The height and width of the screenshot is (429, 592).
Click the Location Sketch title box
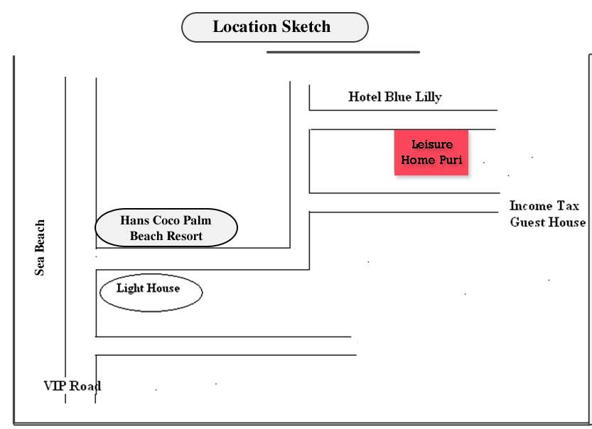coord(275,28)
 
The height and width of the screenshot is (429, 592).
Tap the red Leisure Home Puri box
coord(431,152)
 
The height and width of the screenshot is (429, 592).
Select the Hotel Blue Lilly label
coord(394,97)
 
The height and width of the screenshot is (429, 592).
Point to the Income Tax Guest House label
coord(547,214)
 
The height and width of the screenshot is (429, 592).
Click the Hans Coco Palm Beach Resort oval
coord(166,228)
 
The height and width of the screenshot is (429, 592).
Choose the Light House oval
coord(151,291)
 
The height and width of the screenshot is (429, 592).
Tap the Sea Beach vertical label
coord(41,246)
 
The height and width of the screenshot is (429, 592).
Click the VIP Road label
coord(71,386)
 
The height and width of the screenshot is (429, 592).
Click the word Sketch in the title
coord(305,27)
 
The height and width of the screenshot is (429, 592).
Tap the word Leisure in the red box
coord(431,145)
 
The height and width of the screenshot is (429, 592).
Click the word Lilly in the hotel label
coord(427,97)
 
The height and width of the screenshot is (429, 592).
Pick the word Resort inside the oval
coord(185,236)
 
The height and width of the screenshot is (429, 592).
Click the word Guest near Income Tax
coord(527,222)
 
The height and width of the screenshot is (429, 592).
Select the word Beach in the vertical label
coord(41,234)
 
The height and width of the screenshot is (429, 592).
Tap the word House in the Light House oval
coord(163,288)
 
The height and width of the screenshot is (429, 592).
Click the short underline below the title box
coord(343,52)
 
